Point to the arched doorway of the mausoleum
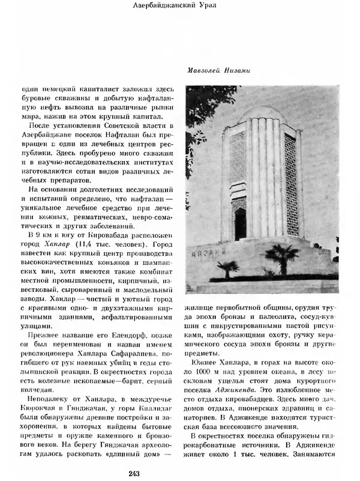[x=240, y=223]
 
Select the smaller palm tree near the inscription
[x=228, y=267]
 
